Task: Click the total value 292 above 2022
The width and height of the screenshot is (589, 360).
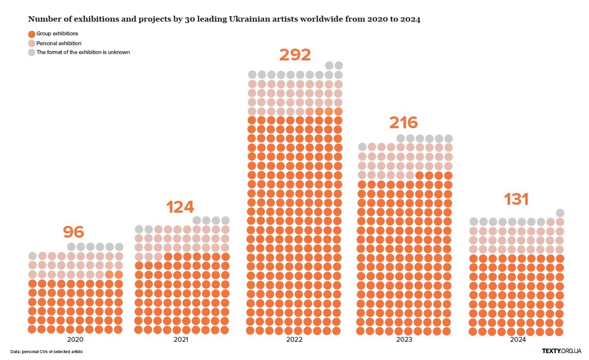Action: click(295, 55)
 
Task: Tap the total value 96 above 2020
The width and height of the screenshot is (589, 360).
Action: click(74, 232)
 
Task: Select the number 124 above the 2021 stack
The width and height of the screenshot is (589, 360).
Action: click(180, 207)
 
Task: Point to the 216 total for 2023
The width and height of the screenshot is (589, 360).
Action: click(403, 122)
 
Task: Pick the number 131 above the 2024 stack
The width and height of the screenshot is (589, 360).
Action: click(516, 199)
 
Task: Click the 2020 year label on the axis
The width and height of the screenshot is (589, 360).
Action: click(75, 339)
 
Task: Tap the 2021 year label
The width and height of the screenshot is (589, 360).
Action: click(182, 339)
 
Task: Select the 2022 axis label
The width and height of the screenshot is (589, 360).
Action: click(294, 339)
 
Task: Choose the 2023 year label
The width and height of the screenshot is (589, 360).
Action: click(404, 339)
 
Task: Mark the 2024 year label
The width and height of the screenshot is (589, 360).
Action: click(517, 339)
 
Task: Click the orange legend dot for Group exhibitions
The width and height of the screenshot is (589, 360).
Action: click(32, 34)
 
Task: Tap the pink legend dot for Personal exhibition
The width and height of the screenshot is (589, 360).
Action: click(32, 43)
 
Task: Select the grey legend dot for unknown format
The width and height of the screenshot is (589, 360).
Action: click(32, 52)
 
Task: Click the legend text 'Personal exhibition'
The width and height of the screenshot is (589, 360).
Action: click(59, 43)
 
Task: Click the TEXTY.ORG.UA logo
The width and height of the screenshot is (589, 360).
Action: click(562, 351)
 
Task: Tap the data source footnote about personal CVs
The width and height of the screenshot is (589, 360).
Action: click(47, 352)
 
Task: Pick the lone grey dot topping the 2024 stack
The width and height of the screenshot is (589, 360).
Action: click(560, 213)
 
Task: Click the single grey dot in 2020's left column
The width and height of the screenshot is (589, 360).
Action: click(32, 256)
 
